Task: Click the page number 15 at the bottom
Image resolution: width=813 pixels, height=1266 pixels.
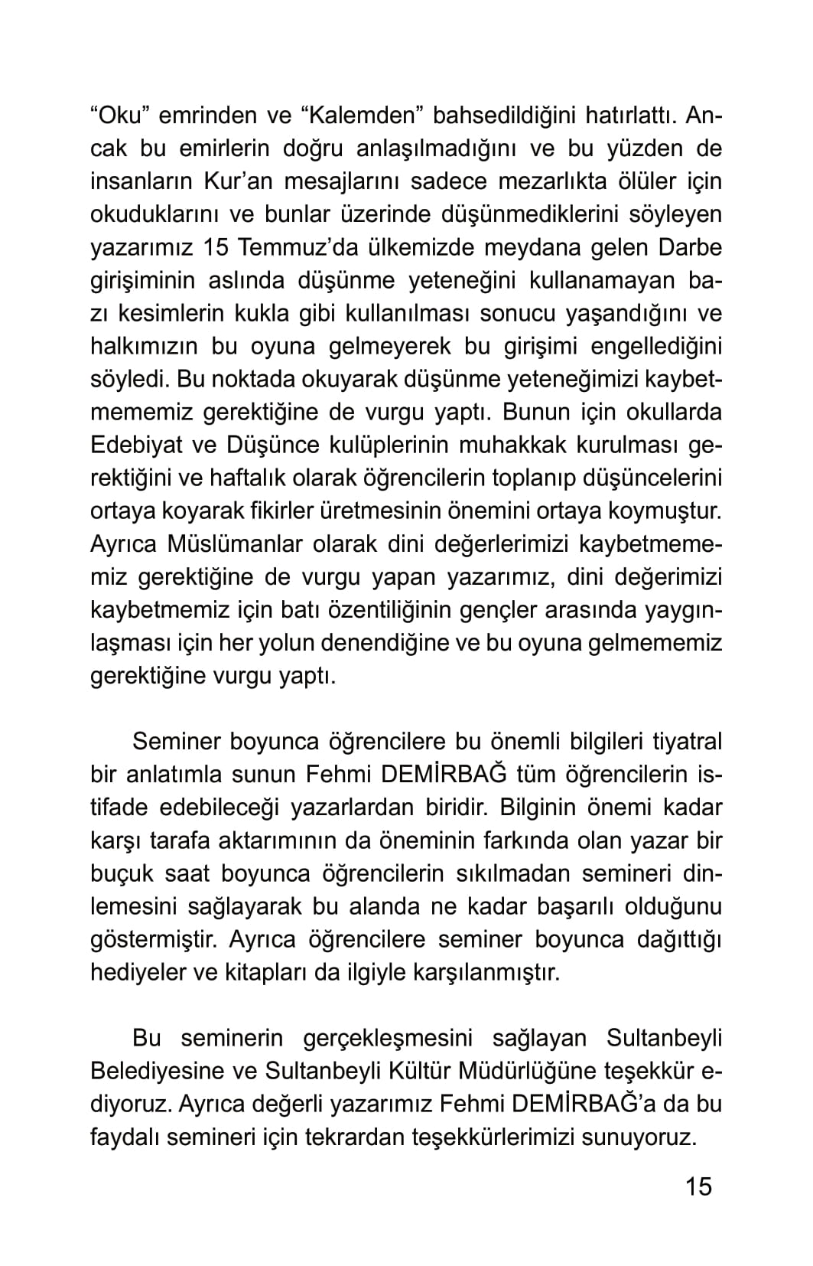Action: (x=698, y=1186)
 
